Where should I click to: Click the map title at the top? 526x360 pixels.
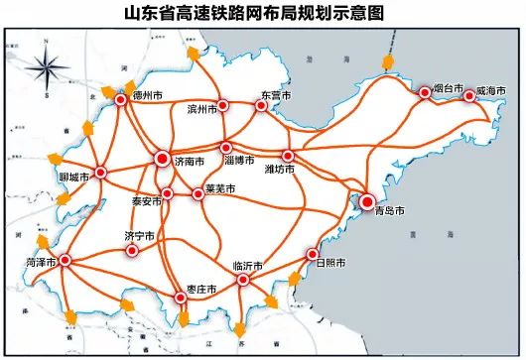click(262, 13)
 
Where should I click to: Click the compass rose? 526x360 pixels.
click(47, 71)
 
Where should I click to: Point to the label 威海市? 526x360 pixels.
click(491, 90)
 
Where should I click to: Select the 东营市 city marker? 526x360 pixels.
click(263, 103)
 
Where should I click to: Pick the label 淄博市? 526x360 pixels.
click(239, 160)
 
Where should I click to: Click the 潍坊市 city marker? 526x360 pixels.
click(288, 157)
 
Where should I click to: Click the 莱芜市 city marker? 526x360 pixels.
click(198, 192)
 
